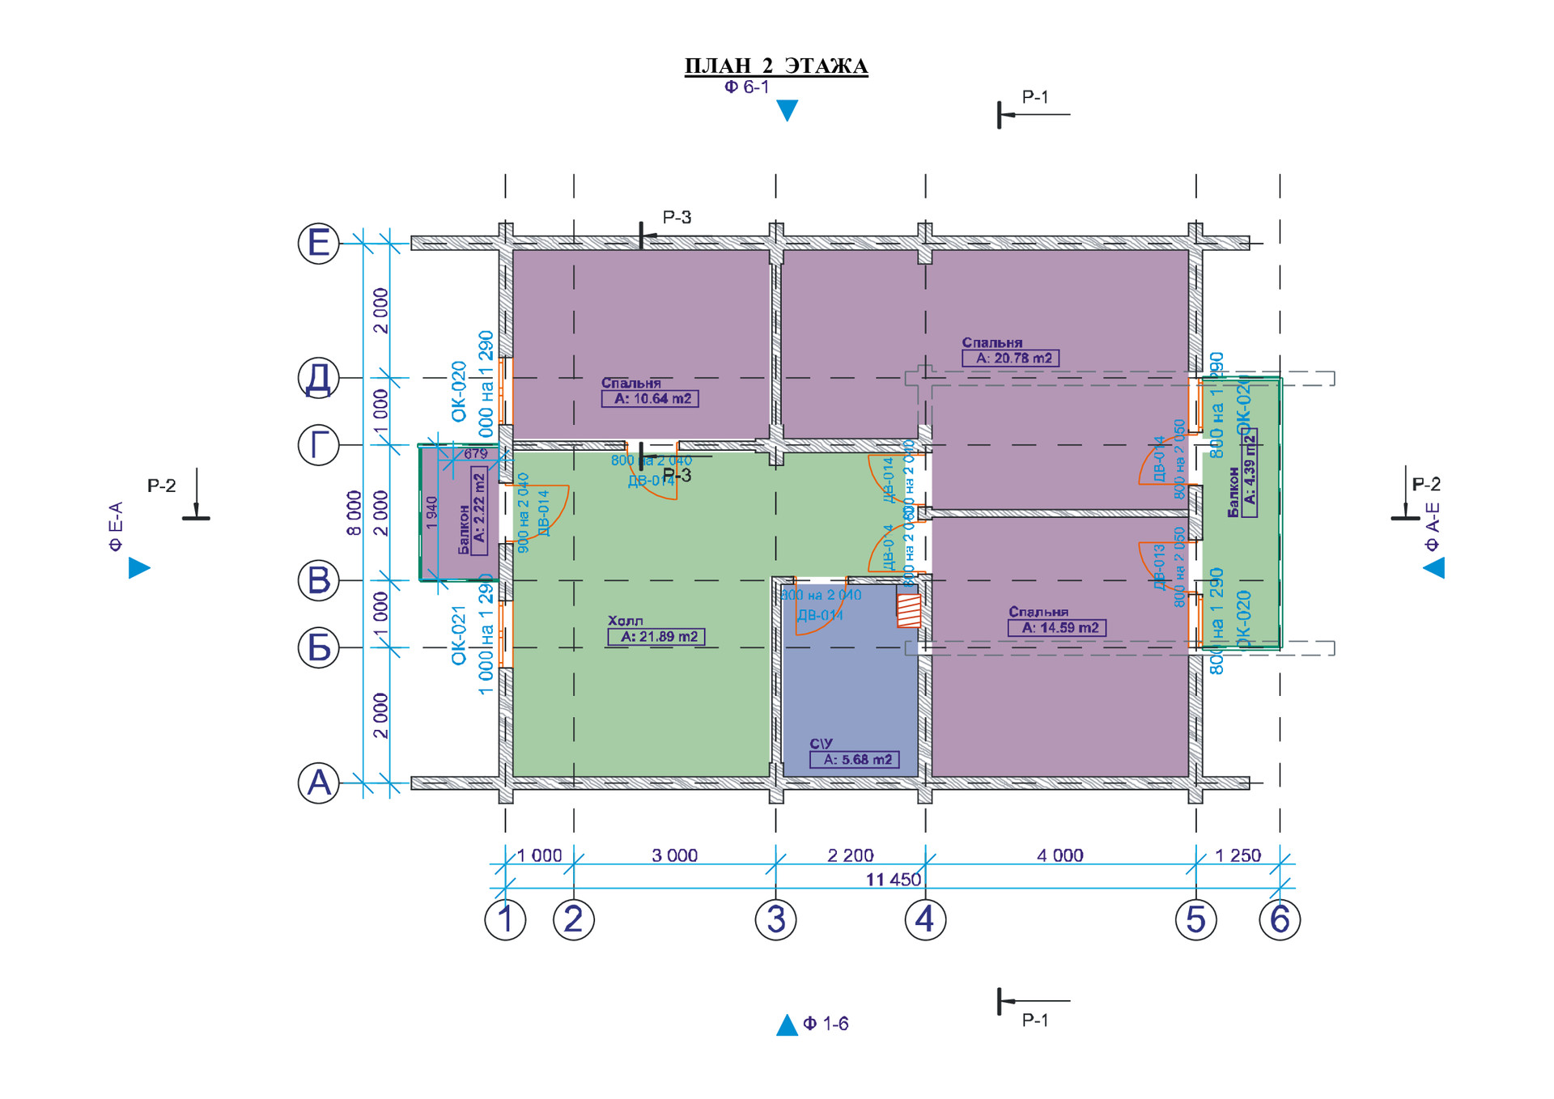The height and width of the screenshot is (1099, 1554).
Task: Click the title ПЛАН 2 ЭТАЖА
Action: [775, 66]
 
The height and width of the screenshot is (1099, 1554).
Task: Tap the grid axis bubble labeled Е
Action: [319, 243]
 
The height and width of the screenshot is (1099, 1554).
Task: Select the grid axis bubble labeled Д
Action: [319, 378]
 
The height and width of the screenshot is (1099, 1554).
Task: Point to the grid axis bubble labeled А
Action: [319, 783]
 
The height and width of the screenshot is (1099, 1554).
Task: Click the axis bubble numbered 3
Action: [775, 919]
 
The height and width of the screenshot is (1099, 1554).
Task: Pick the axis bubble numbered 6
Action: [1280, 919]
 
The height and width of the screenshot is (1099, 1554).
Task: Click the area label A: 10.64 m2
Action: [651, 399]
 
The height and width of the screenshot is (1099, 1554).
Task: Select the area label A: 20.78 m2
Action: [1011, 359]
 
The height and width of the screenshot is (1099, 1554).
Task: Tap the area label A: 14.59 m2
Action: [1057, 628]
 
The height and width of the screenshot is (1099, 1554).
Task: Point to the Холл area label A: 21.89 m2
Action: [656, 637]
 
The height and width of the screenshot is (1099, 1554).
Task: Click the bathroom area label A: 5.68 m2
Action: [855, 760]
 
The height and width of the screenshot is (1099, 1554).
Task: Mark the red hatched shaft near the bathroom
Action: [909, 610]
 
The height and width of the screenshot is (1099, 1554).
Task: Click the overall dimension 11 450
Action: [893, 880]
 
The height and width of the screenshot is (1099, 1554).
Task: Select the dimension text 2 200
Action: [850, 855]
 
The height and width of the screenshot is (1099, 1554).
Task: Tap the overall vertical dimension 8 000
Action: [355, 512]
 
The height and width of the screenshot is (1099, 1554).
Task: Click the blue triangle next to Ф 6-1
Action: [787, 110]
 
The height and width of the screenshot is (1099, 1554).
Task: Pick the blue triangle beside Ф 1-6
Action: [787, 1025]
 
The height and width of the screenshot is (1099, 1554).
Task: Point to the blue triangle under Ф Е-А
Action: [138, 568]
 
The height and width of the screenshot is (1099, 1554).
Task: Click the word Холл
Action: [626, 621]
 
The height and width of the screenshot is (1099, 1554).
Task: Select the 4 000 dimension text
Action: [1059, 855]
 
